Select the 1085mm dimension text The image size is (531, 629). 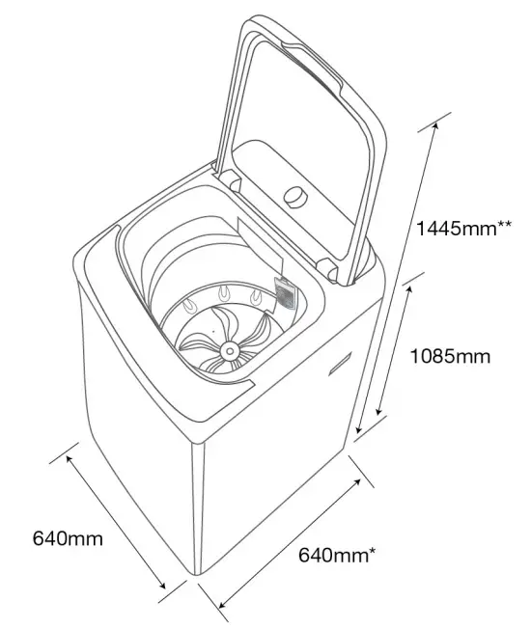[449, 356]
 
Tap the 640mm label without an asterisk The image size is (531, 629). [68, 538]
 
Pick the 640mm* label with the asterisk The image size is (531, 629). [337, 556]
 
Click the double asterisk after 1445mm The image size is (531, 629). [504, 225]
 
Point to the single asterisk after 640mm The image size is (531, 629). [373, 551]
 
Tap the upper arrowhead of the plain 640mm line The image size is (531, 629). [70, 455]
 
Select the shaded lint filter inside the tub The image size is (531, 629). [285, 293]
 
